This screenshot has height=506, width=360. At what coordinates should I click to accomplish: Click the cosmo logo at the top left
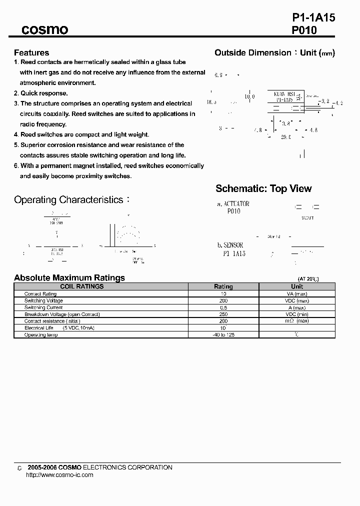[44, 30]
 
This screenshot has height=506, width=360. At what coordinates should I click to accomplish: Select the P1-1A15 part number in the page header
[313, 17]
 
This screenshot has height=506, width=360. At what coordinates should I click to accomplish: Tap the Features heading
[31, 52]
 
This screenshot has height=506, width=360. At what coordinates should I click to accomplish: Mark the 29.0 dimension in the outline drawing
[285, 136]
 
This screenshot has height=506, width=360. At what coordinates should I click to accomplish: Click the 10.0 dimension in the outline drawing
[249, 96]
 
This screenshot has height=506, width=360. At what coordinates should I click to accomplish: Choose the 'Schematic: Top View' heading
[263, 188]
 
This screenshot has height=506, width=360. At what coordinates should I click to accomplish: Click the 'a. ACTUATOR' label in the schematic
[233, 204]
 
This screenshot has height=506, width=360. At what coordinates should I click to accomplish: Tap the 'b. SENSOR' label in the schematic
[230, 245]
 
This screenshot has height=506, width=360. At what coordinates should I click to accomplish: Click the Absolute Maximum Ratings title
[69, 277]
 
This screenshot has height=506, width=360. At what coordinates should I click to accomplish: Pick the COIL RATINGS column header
[82, 286]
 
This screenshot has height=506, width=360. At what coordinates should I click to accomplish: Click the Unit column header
[297, 286]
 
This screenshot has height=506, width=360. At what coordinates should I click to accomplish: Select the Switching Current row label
[43, 307]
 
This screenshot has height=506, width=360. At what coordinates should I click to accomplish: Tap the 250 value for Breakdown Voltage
[223, 314]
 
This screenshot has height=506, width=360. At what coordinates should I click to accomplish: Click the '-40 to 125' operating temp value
[223, 334]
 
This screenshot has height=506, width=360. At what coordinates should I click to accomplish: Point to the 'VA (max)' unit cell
[297, 293]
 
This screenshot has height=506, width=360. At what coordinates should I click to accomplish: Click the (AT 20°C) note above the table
[308, 278]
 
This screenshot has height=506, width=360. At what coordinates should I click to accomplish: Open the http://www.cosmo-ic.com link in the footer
[59, 475]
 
